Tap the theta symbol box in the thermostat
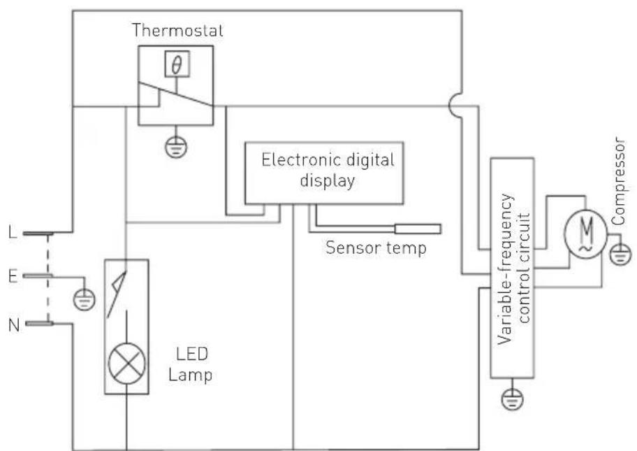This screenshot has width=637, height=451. (x=177, y=65)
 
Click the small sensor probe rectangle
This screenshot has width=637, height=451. (x=418, y=229)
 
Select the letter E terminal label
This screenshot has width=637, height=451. (x=12, y=275)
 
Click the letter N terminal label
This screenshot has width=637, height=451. (x=12, y=324)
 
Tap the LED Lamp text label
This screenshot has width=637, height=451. (x=191, y=365)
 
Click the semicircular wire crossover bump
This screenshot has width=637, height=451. (x=455, y=107)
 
